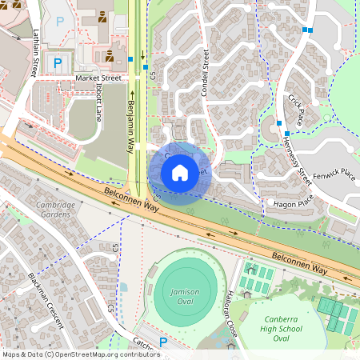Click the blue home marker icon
click(x=179, y=172)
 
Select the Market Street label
click(x=98, y=78)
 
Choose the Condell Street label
click(x=206, y=71)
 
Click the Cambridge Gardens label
click(x=56, y=209)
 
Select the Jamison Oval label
click(x=185, y=296)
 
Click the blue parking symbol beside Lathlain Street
click(x=57, y=62)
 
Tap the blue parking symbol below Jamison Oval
click(x=163, y=342)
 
